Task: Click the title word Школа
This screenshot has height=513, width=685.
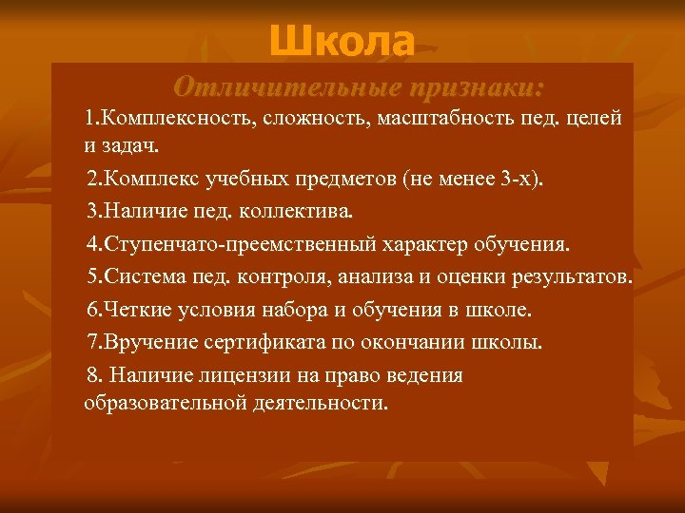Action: (342, 42)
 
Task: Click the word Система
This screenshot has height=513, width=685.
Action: (146, 277)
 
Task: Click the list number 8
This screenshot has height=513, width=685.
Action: (90, 375)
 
